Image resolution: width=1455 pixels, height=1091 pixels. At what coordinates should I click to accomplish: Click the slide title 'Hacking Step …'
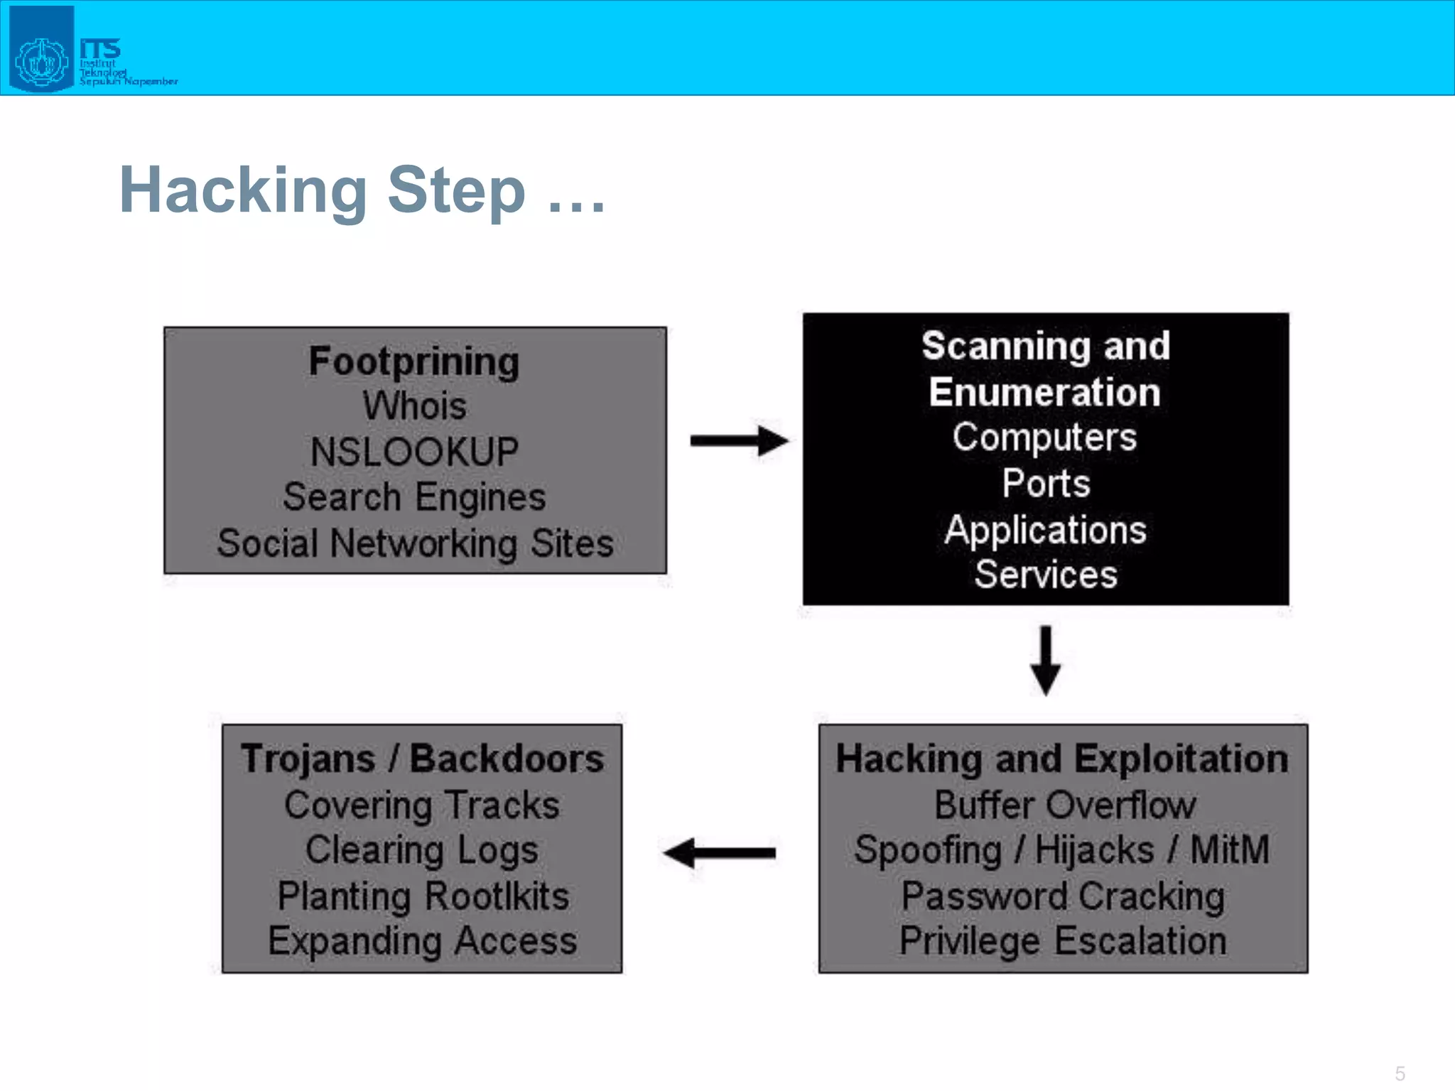[362, 190]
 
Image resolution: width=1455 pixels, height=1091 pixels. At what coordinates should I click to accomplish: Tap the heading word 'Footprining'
[414, 361]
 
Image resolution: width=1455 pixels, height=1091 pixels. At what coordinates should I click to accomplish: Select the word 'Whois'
[415, 406]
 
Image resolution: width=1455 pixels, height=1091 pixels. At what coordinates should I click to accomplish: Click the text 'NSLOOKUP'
[415, 452]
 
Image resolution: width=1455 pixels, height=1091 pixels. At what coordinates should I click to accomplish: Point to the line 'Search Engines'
[415, 497]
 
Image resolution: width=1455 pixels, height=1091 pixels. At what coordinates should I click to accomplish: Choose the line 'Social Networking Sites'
[415, 543]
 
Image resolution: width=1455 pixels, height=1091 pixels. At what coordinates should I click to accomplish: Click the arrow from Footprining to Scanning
[739, 441]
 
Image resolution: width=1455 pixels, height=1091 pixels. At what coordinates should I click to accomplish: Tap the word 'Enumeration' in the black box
[1045, 392]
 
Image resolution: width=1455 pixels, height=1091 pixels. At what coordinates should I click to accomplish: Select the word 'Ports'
[1046, 484]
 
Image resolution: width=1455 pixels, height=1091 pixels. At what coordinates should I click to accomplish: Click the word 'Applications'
[1045, 530]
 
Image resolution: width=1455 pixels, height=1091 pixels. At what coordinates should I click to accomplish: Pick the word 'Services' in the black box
[1046, 574]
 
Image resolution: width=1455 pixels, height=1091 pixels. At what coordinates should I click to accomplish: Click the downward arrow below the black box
[1046, 660]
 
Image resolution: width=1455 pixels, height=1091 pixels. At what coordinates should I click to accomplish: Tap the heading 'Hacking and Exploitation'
[1062, 759]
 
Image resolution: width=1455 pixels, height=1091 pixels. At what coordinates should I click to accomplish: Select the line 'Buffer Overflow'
[1064, 805]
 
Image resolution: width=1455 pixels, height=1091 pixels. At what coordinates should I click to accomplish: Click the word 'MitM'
[1229, 850]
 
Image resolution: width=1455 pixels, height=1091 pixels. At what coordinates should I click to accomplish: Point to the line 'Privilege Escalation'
[1063, 941]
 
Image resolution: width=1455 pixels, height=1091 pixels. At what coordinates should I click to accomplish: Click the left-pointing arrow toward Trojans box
[719, 853]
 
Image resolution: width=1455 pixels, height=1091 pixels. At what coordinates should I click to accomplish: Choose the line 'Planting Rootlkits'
[423, 896]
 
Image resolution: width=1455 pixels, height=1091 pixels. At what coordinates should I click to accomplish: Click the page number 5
[1400, 1073]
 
